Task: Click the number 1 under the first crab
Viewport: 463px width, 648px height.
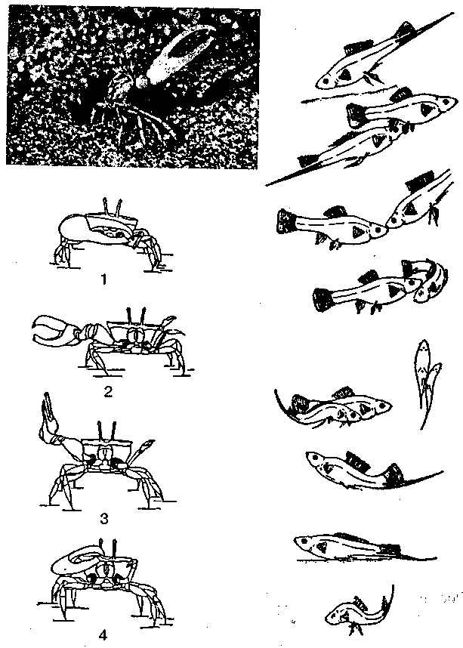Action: click(x=103, y=279)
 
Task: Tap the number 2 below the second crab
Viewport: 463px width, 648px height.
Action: click(x=108, y=391)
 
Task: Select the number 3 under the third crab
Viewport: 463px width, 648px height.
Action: click(x=104, y=518)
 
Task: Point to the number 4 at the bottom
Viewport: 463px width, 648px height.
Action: click(x=103, y=634)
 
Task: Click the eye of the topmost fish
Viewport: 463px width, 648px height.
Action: click(x=326, y=82)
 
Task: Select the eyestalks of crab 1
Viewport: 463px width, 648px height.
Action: click(x=113, y=207)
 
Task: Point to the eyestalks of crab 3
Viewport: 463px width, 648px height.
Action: click(x=106, y=430)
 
